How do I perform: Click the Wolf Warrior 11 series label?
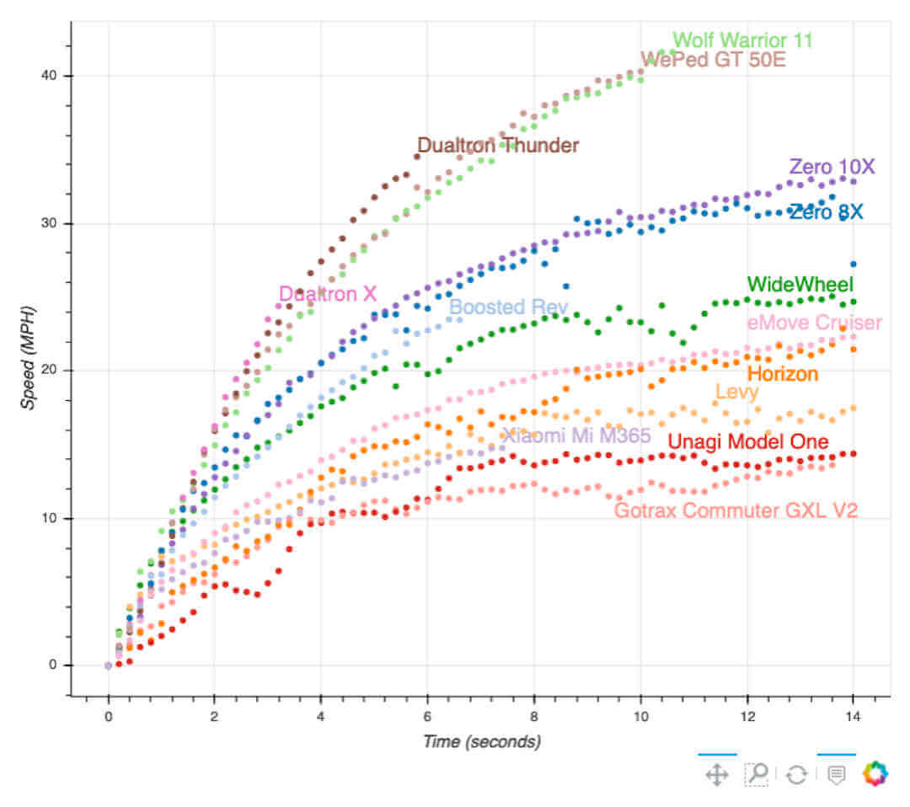tap(742, 40)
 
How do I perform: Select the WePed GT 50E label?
tap(713, 59)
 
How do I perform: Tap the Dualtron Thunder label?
tap(498, 146)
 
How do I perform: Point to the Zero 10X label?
tap(832, 167)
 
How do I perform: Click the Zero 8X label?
tap(826, 212)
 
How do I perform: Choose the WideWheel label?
tap(800, 284)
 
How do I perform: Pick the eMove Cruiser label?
tap(814, 323)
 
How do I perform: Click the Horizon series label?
tap(783, 373)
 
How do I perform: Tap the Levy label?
tap(736, 392)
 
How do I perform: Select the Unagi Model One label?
tap(747, 441)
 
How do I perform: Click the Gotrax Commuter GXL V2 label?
tap(736, 510)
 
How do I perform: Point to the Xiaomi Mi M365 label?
tap(576, 436)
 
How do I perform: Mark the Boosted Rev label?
tap(508, 307)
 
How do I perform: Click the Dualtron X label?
tap(328, 294)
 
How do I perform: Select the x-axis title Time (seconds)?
tap(481, 741)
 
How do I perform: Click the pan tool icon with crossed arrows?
tap(716, 774)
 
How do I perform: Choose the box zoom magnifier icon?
tap(757, 774)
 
